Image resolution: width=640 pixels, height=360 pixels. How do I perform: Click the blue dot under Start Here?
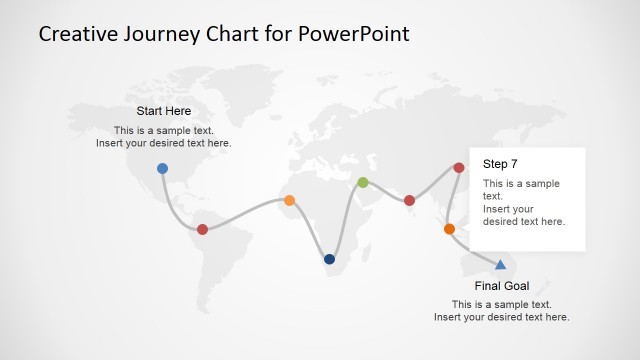point(162,168)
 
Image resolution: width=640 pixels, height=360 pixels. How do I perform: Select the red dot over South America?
point(202,229)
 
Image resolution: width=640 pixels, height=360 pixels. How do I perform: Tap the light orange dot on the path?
point(289,200)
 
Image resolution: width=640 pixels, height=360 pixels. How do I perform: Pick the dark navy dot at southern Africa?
point(329,259)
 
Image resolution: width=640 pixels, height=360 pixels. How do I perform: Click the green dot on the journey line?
point(363,182)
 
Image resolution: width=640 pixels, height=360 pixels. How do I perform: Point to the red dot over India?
point(409,200)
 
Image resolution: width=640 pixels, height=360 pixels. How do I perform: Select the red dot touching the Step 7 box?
point(459,168)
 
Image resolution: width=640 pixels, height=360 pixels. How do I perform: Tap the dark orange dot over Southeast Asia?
point(449,229)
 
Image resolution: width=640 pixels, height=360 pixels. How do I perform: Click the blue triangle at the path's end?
point(500,264)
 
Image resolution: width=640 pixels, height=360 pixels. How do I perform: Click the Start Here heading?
point(163,111)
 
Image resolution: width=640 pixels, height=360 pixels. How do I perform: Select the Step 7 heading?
point(500,163)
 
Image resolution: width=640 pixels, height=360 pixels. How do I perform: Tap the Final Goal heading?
point(501,286)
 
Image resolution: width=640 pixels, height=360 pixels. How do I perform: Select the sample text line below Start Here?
point(163,130)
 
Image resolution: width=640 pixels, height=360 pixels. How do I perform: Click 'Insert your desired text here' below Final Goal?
point(501,317)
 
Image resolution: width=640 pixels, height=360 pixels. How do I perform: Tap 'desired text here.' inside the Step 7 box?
point(524,221)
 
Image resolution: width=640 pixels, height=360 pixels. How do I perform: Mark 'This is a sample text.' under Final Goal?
point(501,304)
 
